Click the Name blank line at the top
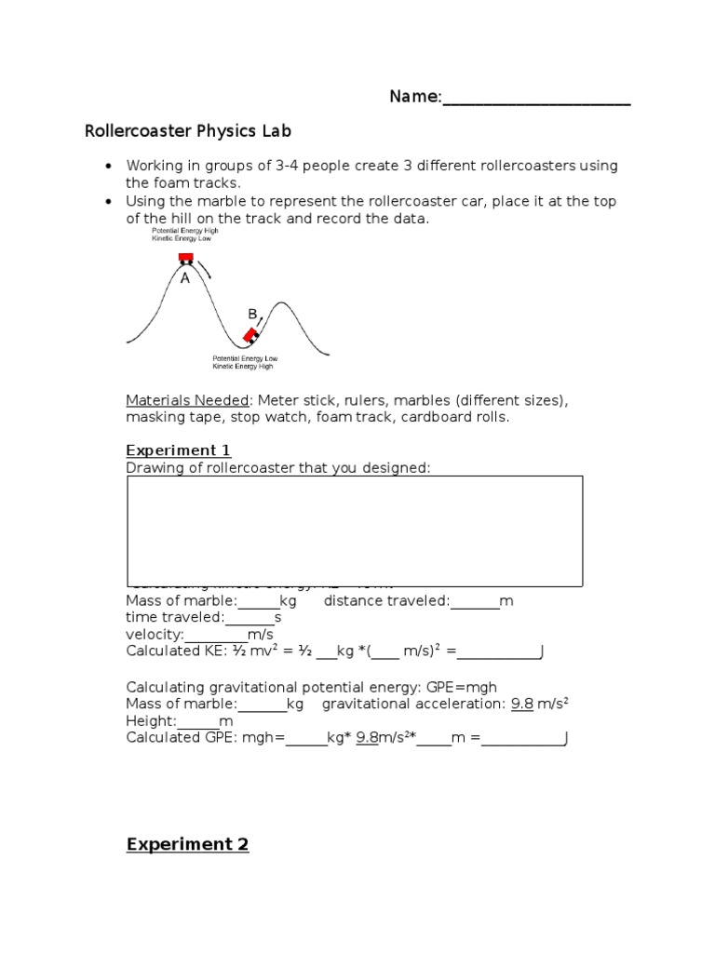click(536, 101)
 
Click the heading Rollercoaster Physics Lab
click(189, 131)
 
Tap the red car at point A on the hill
click(185, 257)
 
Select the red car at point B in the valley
click(250, 335)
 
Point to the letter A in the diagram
click(185, 278)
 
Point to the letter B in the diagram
click(251, 315)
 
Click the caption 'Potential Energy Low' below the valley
click(245, 358)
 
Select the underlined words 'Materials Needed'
click(188, 400)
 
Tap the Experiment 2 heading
click(188, 845)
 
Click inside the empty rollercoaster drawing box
click(354, 526)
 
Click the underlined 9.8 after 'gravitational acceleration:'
click(522, 705)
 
